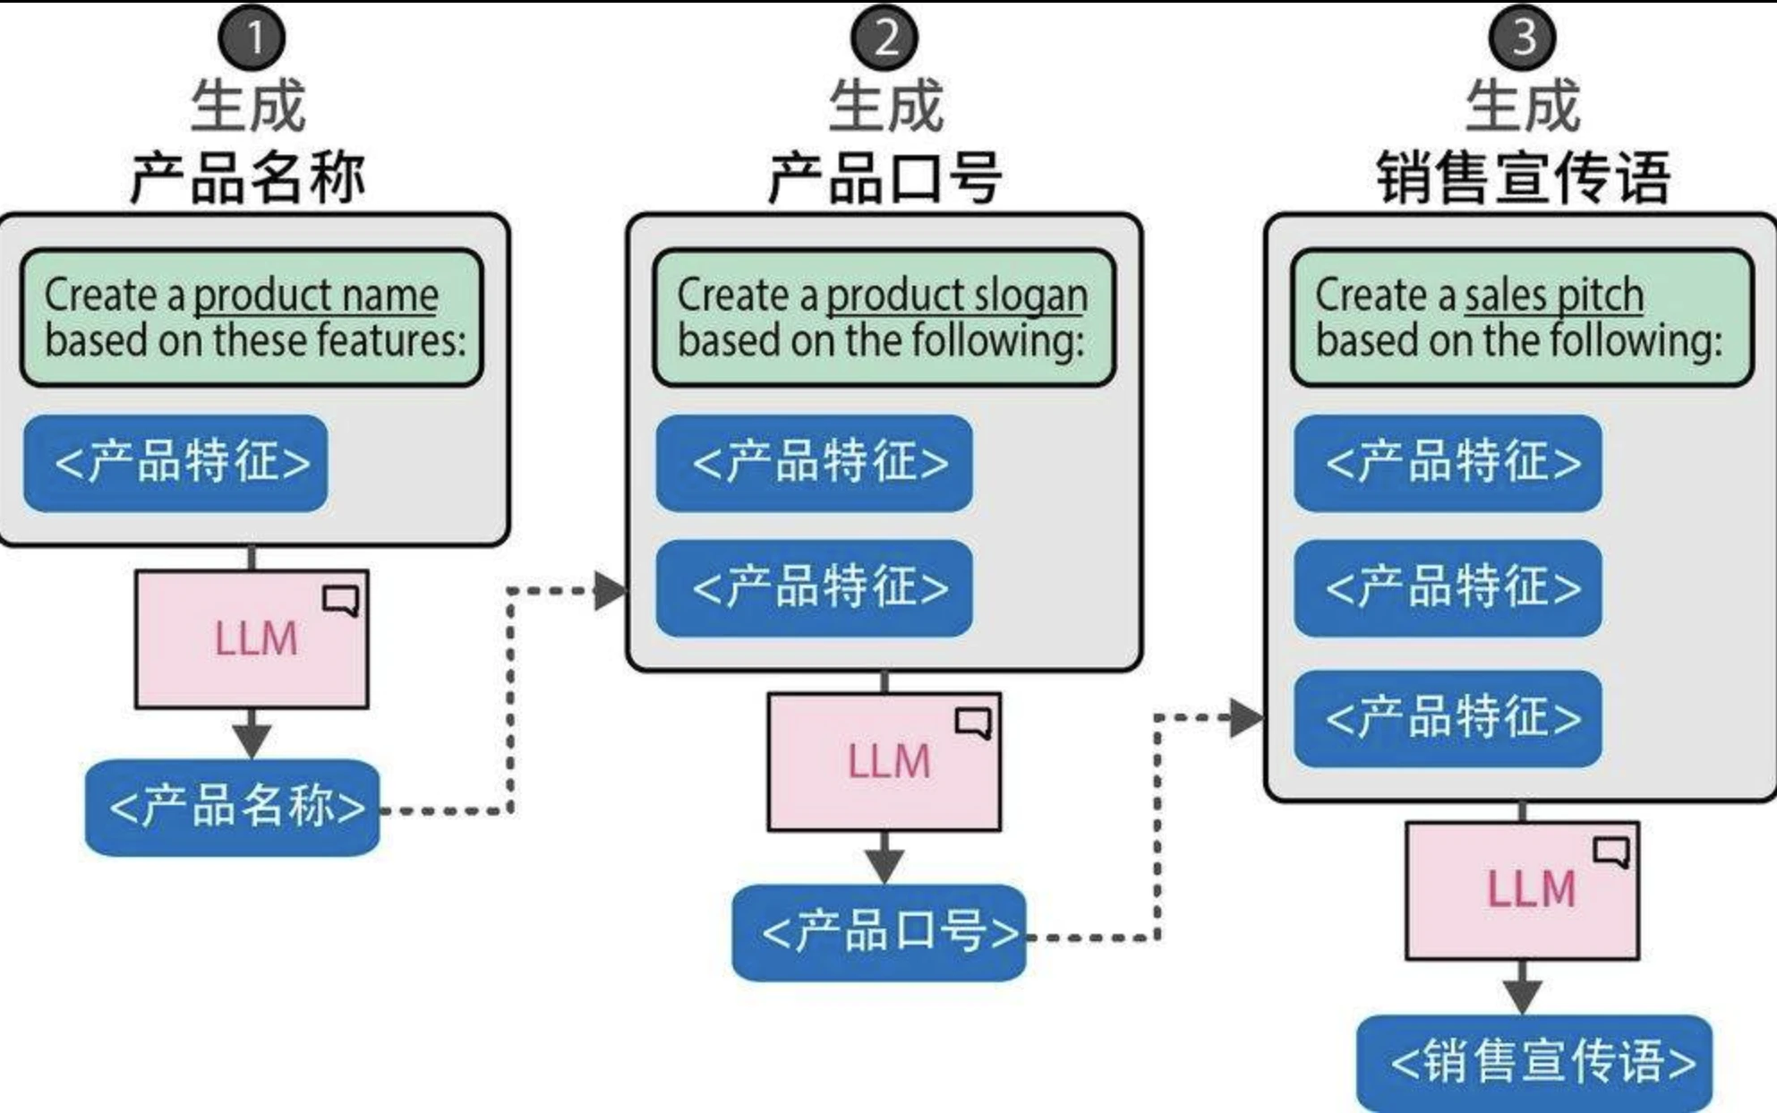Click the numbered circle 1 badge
252,39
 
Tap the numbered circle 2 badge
884,39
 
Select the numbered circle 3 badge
1522,39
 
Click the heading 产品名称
248,177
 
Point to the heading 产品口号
884,177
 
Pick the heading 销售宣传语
1522,177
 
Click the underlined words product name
316,295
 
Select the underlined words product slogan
956,295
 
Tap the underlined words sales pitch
1553,295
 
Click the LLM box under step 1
252,639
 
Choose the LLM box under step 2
884,761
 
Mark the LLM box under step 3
1522,890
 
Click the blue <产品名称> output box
233,807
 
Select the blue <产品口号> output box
879,932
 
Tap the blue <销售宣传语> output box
1534,1062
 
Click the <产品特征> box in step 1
175,463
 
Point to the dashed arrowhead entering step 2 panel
611,591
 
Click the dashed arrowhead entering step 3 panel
1246,718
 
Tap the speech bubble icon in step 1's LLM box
341,600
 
